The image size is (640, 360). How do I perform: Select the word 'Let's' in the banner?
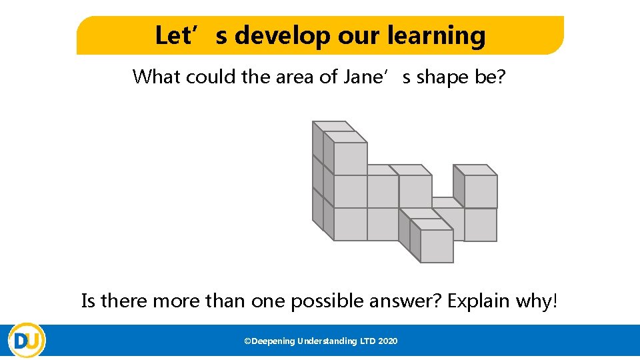point(181,35)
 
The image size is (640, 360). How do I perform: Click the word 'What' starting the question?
point(157,77)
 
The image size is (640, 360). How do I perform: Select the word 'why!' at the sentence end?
point(537,301)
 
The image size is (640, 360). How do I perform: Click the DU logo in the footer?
point(27,341)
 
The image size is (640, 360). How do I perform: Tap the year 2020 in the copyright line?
point(388,341)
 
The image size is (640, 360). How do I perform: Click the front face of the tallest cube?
point(350,159)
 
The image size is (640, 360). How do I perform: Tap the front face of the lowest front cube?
point(437,246)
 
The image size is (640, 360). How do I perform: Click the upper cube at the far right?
point(480,191)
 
